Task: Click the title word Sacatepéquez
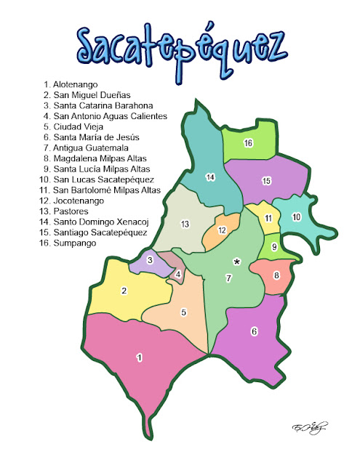coord(179,48)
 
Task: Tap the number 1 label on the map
coord(139,357)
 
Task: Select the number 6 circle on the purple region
coord(254,331)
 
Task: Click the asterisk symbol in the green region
coord(236,261)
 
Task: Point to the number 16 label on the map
coord(248,143)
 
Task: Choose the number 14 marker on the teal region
coord(211,177)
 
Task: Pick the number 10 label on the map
coord(296,217)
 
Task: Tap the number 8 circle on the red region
coord(276,275)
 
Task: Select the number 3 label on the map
coord(150,260)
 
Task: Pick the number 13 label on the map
coord(185,223)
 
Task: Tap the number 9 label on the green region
coord(274,247)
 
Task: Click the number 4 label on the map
coord(178,274)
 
